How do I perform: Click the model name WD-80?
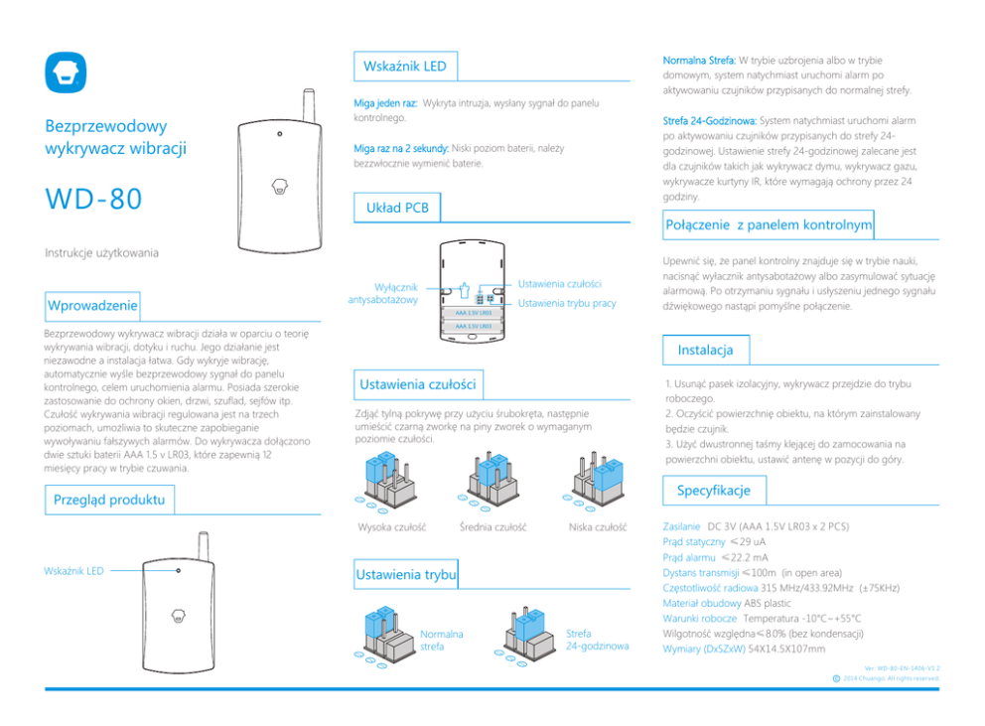point(93,199)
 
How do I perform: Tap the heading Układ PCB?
point(397,208)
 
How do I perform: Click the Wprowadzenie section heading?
point(92,304)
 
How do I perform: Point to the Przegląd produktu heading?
point(108,500)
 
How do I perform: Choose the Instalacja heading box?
point(705,350)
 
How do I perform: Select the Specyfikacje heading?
point(713,491)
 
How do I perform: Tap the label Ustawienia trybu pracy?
point(567,303)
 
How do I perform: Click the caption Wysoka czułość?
point(391,526)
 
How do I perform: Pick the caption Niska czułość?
point(597,526)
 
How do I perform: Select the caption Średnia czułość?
point(493,526)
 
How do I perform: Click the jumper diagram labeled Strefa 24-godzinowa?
point(527,636)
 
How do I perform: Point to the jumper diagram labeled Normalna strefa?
point(387,639)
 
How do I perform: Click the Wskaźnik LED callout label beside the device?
point(73,571)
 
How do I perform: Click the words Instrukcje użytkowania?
point(100,253)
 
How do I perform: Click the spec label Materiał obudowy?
point(702,602)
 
